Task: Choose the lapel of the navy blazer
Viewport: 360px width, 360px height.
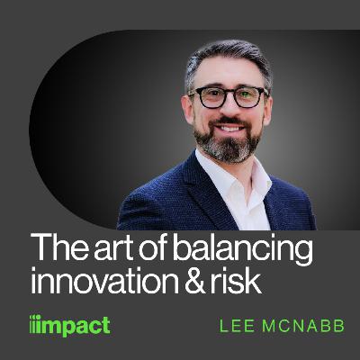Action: pyautogui.click(x=193, y=193)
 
